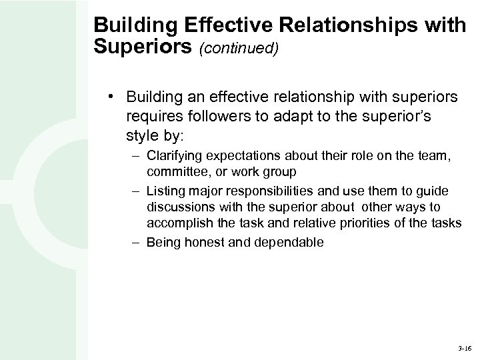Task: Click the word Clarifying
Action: (x=175, y=157)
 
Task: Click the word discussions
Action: (x=175, y=206)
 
